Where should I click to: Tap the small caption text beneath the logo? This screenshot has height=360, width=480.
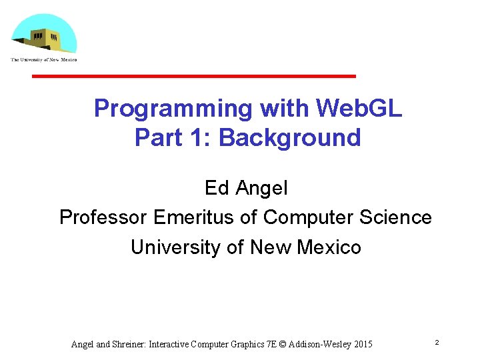pyautogui.click(x=44, y=60)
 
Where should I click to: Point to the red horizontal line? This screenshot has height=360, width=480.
pyautogui.click(x=194, y=76)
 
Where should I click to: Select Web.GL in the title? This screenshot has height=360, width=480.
pyautogui.click(x=359, y=108)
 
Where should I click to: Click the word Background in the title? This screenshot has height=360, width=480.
pyautogui.click(x=289, y=138)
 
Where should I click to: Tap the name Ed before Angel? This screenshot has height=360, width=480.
pyautogui.click(x=217, y=188)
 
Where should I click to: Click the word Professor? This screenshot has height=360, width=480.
pyautogui.click(x=103, y=217)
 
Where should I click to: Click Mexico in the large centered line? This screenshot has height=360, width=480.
pyautogui.click(x=329, y=247)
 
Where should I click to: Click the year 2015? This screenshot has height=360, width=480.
pyautogui.click(x=363, y=344)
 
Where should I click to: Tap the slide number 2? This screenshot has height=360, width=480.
pyautogui.click(x=436, y=342)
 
